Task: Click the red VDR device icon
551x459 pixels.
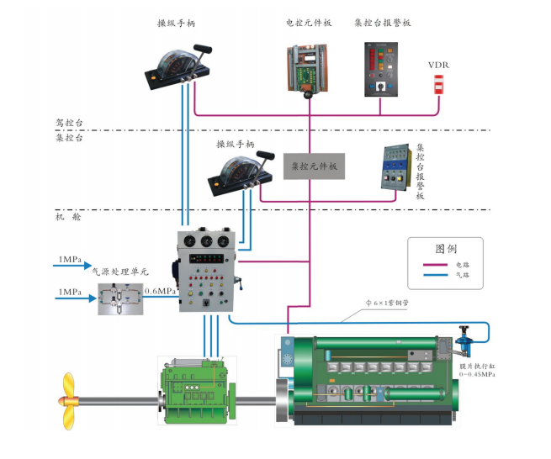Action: click(437, 82)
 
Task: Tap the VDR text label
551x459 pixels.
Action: click(438, 65)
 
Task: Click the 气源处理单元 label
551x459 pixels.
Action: click(119, 272)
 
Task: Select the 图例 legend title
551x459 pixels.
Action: click(446, 250)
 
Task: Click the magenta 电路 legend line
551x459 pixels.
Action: click(433, 264)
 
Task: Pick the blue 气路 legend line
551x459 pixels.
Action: click(433, 275)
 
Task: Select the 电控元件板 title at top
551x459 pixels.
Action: click(309, 23)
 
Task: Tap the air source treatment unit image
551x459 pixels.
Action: click(119, 298)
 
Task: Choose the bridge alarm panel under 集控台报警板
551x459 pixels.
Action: click(383, 66)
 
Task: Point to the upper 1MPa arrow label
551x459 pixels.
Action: click(70, 259)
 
